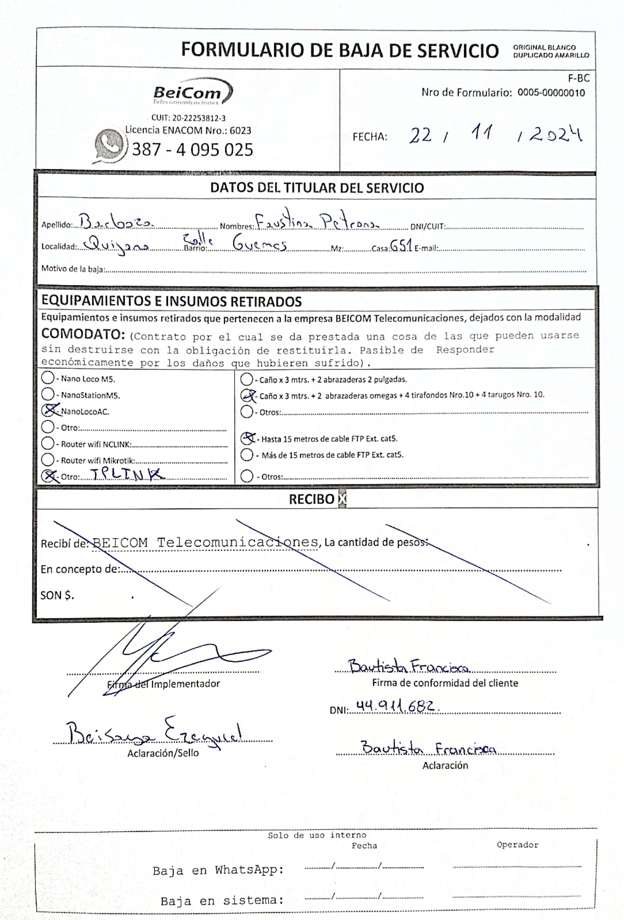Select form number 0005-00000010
(x=551, y=92)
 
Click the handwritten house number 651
(x=401, y=246)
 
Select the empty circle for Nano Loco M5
(x=48, y=378)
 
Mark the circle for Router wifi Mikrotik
(x=48, y=460)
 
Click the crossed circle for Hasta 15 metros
(x=247, y=438)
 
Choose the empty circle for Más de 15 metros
(x=247, y=454)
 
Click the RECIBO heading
(x=311, y=499)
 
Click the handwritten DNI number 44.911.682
(x=395, y=706)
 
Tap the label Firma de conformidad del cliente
(x=445, y=683)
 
